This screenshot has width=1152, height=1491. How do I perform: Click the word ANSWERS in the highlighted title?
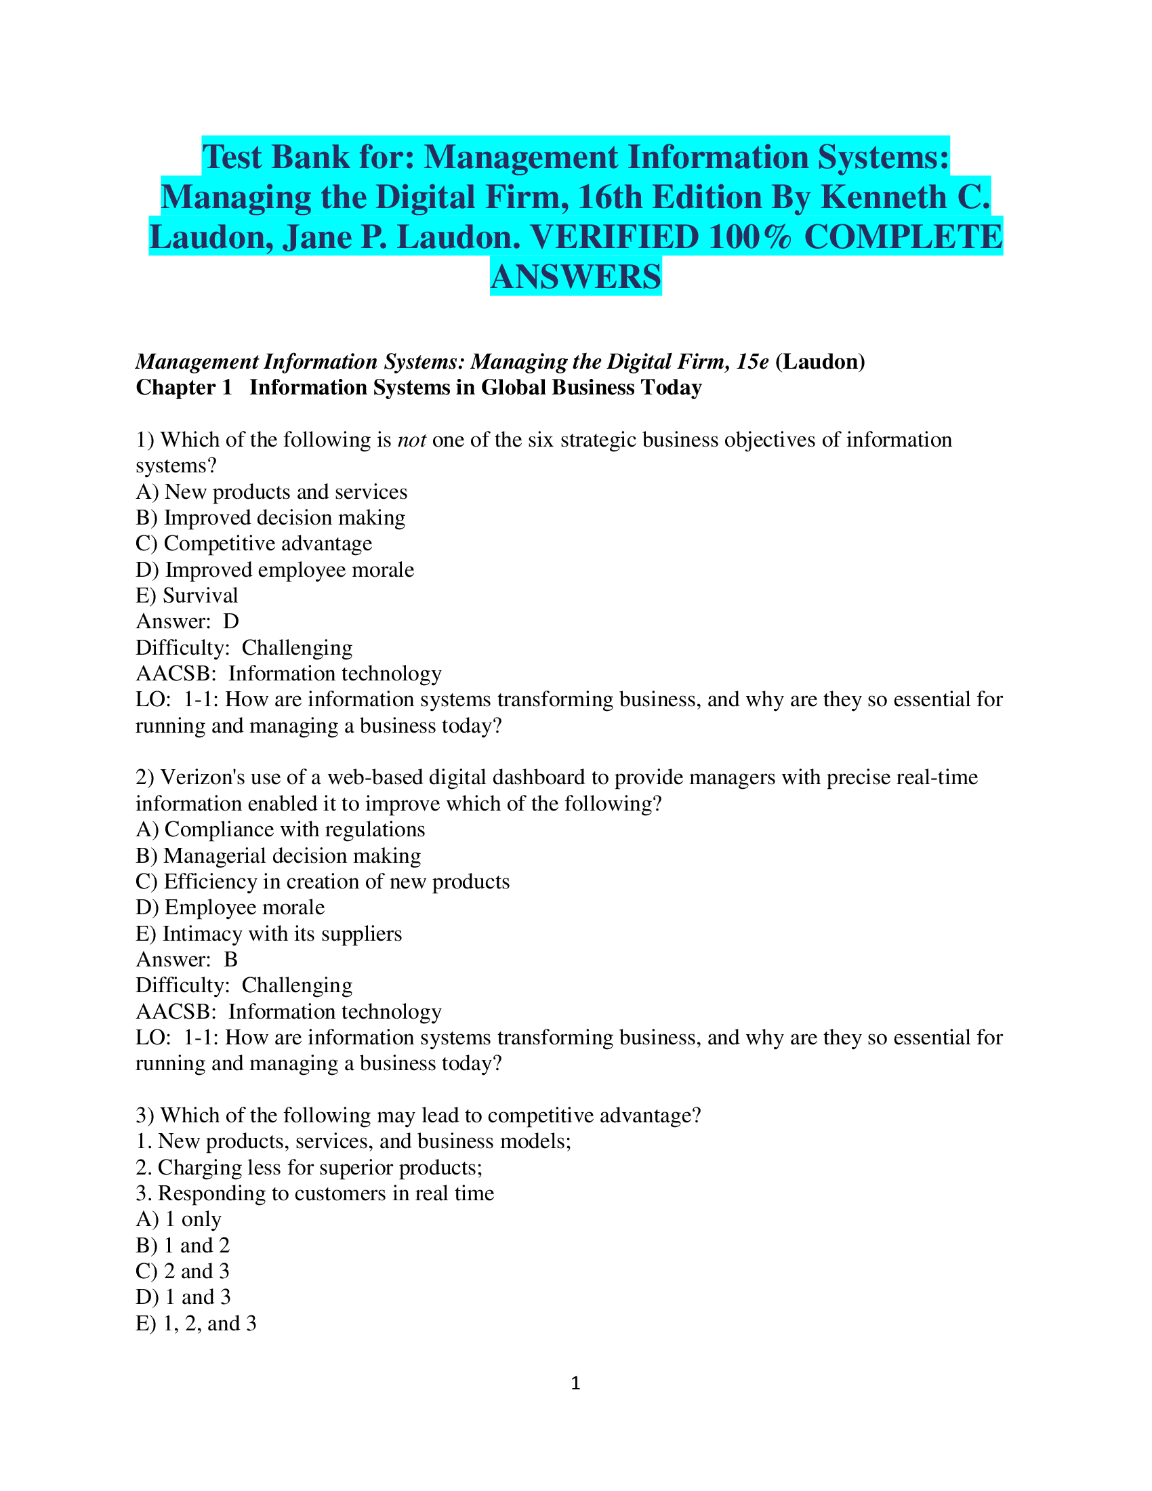[575, 277]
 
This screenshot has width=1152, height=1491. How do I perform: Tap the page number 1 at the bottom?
[575, 1383]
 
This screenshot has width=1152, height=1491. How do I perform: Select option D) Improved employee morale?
[275, 569]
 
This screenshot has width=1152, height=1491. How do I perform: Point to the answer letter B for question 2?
[230, 959]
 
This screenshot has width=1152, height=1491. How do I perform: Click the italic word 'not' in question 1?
[412, 440]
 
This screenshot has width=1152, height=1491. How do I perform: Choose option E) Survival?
[187, 595]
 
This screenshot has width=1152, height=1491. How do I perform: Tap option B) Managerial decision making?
[279, 855]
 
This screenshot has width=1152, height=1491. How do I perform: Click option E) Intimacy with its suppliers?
[269, 933]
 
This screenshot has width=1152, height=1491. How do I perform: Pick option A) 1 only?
[179, 1219]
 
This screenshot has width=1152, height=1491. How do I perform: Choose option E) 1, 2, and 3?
[197, 1323]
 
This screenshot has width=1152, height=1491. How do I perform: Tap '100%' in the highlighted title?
[750, 238]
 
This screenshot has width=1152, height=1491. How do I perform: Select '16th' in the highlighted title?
[610, 197]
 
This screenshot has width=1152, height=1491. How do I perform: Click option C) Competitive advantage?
[254, 544]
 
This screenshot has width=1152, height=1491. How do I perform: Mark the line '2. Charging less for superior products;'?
[309, 1167]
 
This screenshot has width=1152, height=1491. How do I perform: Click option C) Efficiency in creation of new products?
[323, 881]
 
